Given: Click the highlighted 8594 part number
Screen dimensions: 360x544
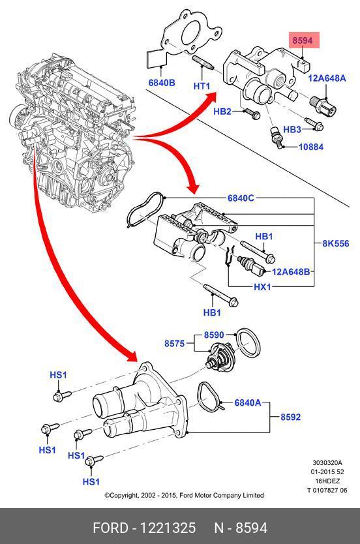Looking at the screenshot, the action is (x=303, y=40).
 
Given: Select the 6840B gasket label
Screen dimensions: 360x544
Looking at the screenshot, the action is (x=162, y=83).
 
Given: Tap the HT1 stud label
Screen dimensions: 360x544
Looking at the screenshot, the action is (x=202, y=85).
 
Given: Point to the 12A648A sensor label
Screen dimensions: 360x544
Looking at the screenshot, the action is (x=327, y=78).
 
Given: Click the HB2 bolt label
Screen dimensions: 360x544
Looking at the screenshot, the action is (x=222, y=112).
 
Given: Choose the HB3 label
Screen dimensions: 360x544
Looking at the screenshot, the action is (x=292, y=129).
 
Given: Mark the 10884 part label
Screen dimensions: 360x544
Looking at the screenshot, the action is (x=310, y=147).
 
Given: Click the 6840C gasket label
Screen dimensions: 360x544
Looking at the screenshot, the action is (x=241, y=198).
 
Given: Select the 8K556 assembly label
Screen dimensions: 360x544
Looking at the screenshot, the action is (x=335, y=243).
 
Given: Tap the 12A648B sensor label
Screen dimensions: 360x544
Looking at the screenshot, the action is (x=291, y=271).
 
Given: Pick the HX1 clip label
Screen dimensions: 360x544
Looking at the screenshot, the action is (x=262, y=287).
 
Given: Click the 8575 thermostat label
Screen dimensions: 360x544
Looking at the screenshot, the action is (x=174, y=344).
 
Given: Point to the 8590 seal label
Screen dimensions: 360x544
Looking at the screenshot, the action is (x=214, y=335).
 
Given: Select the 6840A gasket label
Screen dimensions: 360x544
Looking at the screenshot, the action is (x=248, y=402).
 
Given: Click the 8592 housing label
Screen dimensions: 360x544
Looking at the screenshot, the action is (x=291, y=417).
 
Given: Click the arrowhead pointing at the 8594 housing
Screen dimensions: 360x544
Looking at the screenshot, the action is (x=211, y=97).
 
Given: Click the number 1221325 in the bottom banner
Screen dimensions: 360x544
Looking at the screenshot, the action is (x=168, y=528).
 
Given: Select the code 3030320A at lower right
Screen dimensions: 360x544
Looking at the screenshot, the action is (x=327, y=462).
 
